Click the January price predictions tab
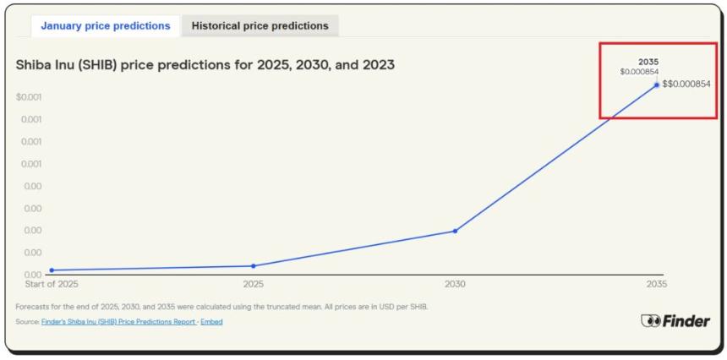106,26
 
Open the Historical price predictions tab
260,26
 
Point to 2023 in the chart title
375,64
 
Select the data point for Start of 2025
52,270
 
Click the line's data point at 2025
253,266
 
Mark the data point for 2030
455,231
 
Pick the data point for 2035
656,85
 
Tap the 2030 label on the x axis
455,285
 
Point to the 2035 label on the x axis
656,285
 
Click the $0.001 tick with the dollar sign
29,97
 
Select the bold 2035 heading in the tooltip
648,62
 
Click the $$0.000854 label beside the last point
686,85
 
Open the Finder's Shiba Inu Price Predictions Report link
118,322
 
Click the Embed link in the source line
211,322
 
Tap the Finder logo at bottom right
675,321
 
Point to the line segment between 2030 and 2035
555,158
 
